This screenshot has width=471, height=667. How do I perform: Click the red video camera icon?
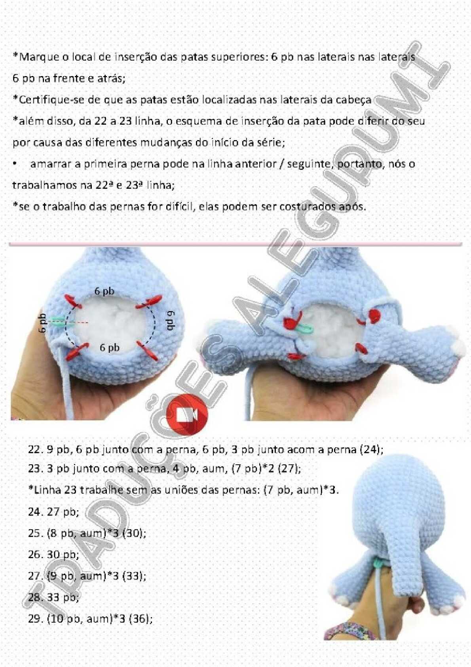[187, 415]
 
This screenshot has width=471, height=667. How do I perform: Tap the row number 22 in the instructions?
[34, 450]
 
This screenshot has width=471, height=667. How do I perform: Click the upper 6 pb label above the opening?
[104, 291]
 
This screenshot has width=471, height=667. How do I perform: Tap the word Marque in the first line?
[36, 57]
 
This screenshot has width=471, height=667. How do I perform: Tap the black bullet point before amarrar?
[14, 164]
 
